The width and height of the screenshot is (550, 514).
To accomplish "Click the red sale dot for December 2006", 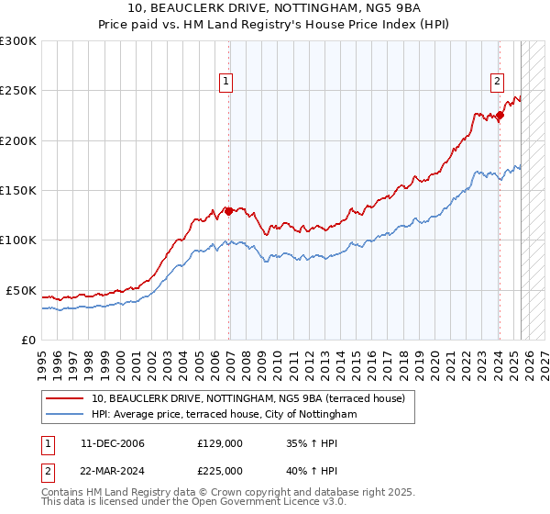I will tap(228, 211).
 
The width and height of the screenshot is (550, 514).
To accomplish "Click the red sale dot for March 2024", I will tap(500, 116).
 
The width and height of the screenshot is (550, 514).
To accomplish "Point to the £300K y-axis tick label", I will tap(18, 41).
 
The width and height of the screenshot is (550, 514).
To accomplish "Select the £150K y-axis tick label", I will tap(18, 191).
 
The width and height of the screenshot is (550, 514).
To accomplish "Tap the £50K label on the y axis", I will tap(21, 290).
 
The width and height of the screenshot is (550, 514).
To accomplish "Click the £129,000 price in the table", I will tap(219, 443).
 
